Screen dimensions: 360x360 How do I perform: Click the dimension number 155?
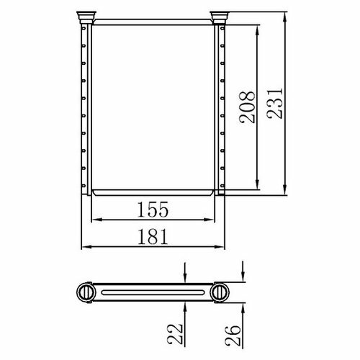pyautogui.click(x=153, y=210)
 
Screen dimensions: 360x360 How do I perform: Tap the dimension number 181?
pyautogui.click(x=153, y=237)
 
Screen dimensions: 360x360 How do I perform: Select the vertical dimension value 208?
pyautogui.click(x=247, y=107)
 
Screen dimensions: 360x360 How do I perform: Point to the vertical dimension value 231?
pyautogui.click(x=275, y=104)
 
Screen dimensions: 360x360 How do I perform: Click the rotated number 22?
pyautogui.click(x=175, y=334)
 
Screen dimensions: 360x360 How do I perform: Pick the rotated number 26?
pyautogui.click(x=233, y=336)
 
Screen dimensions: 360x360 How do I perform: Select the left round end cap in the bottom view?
pyautogui.click(x=86, y=292)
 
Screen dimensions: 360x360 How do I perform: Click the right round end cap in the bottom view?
pyautogui.click(x=220, y=292)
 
